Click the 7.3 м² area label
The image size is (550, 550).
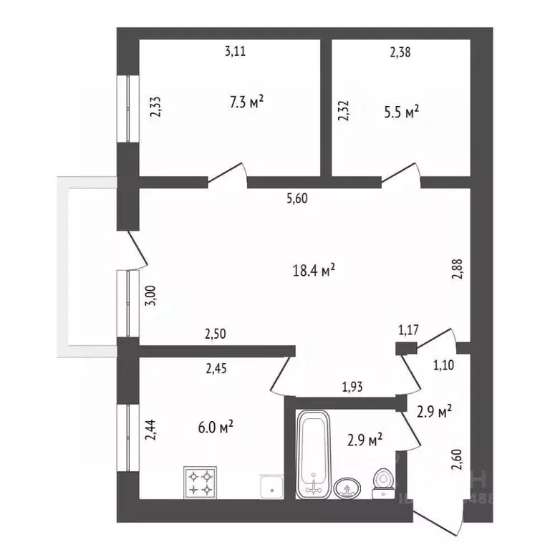pos(246,102)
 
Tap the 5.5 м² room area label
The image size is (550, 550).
pos(401,112)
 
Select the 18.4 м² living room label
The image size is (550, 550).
pos(314,271)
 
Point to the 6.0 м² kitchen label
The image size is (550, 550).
pos(216,428)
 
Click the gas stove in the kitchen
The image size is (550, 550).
pos(201,482)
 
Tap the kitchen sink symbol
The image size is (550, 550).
pos(272,487)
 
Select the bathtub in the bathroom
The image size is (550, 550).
pos(313,455)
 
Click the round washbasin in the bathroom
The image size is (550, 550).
pos(347,488)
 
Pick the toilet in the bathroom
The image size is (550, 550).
pos(382,483)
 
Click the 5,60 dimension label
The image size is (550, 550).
pos(297,198)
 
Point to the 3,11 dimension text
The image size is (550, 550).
pos(235,52)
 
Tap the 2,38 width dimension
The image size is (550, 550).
pos(400,52)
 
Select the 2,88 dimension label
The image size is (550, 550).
pos(458,269)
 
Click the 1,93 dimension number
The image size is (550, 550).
pos(352,387)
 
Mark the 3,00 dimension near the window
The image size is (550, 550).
pos(150,296)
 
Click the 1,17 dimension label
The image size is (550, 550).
pos(408,330)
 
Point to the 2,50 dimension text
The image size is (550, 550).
pos(216,334)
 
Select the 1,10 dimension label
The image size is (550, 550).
pos(444,365)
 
